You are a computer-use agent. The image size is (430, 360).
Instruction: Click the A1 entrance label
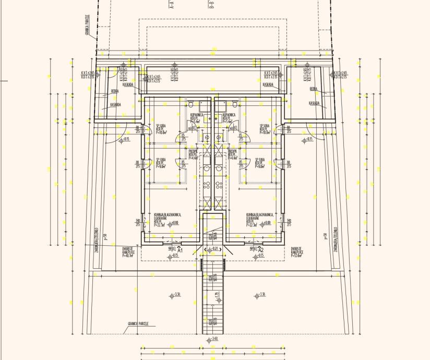[180, 250]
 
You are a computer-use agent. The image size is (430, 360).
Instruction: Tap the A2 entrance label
[261, 250]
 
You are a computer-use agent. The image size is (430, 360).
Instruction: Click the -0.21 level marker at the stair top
[214, 249]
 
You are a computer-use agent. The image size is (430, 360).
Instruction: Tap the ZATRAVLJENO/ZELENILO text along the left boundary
[97, 240]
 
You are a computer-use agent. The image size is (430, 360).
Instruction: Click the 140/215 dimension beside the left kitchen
[138, 223]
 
